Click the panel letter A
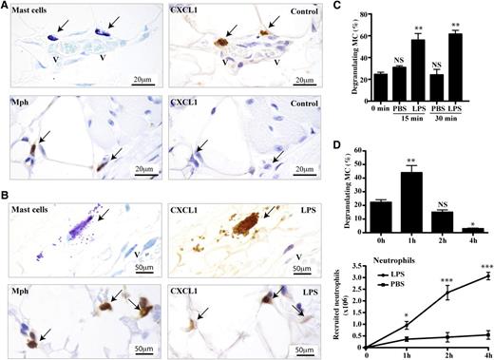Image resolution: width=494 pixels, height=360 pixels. (x=7, y=7)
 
